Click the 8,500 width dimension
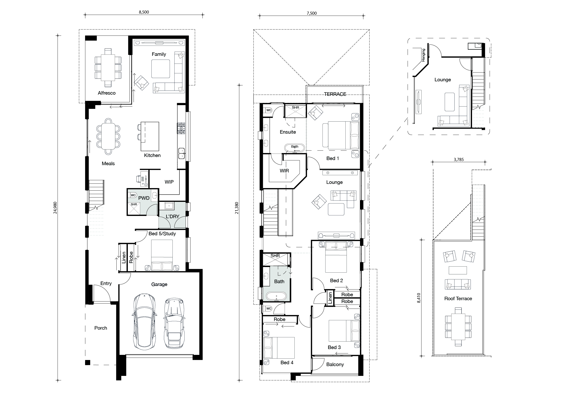tap(144, 12)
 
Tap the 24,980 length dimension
tap(55, 208)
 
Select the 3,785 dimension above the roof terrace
tap(458, 159)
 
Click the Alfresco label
tap(107, 93)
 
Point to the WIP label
tap(169, 182)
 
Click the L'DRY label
tap(172, 217)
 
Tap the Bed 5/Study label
tap(162, 234)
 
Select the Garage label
tap(159, 285)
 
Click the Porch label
tap(100, 328)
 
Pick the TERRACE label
tap(335, 94)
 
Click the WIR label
tap(284, 171)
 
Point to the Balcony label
tap(335, 364)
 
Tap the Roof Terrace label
tap(458, 299)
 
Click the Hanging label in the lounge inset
tap(423, 55)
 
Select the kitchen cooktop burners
tap(181, 128)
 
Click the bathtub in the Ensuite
tap(294, 148)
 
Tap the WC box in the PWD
tap(133, 195)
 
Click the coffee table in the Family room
tap(161, 69)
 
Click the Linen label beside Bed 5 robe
tap(124, 258)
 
